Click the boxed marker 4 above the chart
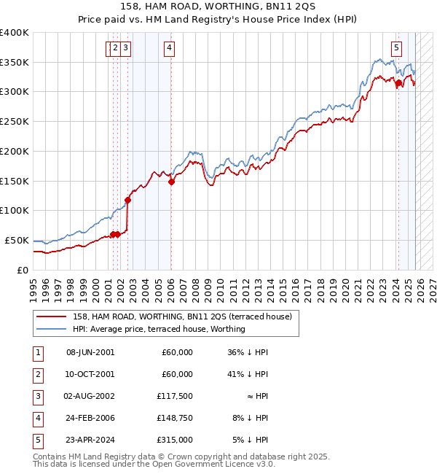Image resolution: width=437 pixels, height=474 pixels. pyautogui.click(x=169, y=49)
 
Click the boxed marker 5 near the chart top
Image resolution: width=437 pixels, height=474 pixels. pyautogui.click(x=396, y=49)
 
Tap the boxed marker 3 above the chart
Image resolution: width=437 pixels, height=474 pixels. pyautogui.click(x=125, y=49)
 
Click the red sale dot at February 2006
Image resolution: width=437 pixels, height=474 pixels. pyautogui.click(x=171, y=182)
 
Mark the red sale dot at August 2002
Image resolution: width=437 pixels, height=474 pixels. pyautogui.click(x=127, y=200)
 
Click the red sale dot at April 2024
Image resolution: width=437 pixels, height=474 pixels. pyautogui.click(x=398, y=83)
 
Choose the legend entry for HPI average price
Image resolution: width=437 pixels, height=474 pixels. pyautogui.click(x=159, y=329)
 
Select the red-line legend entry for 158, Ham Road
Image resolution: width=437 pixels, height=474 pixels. pyautogui.click(x=182, y=316)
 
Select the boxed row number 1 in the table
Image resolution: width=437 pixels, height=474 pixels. pyautogui.click(x=38, y=352)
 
